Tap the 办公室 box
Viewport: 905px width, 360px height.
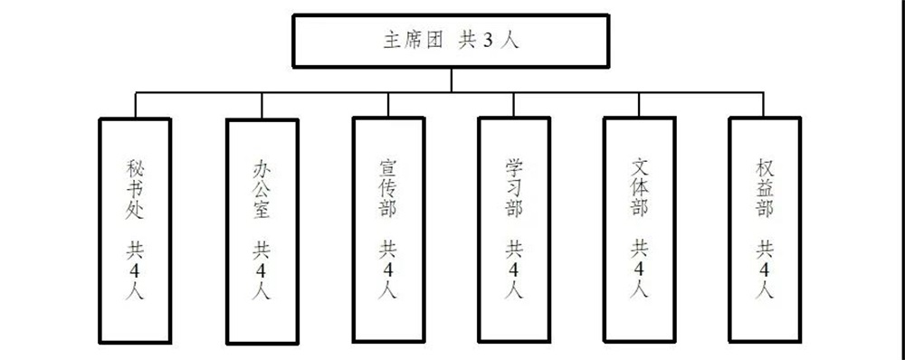262,231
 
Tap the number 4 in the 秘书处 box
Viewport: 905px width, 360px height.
135,270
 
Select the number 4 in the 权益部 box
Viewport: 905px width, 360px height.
765,270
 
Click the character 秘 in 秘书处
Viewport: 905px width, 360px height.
135,169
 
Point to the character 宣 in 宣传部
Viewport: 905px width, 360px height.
387,169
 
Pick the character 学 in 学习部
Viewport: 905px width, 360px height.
514,169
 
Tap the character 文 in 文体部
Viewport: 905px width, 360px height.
640,169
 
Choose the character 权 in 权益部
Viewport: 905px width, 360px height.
765,169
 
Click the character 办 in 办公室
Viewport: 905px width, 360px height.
262,169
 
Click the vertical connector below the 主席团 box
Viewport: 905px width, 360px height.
451,80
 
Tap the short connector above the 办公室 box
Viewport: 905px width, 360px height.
262,106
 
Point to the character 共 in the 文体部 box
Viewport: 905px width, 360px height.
640,247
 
